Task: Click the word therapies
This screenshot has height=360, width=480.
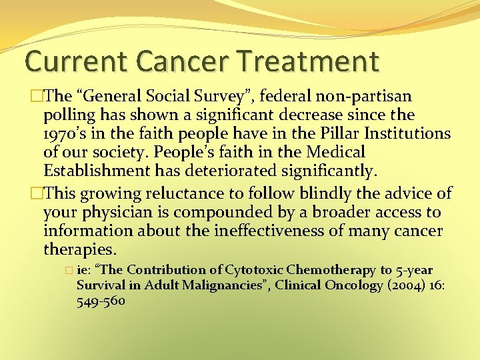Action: pos(79,250)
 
